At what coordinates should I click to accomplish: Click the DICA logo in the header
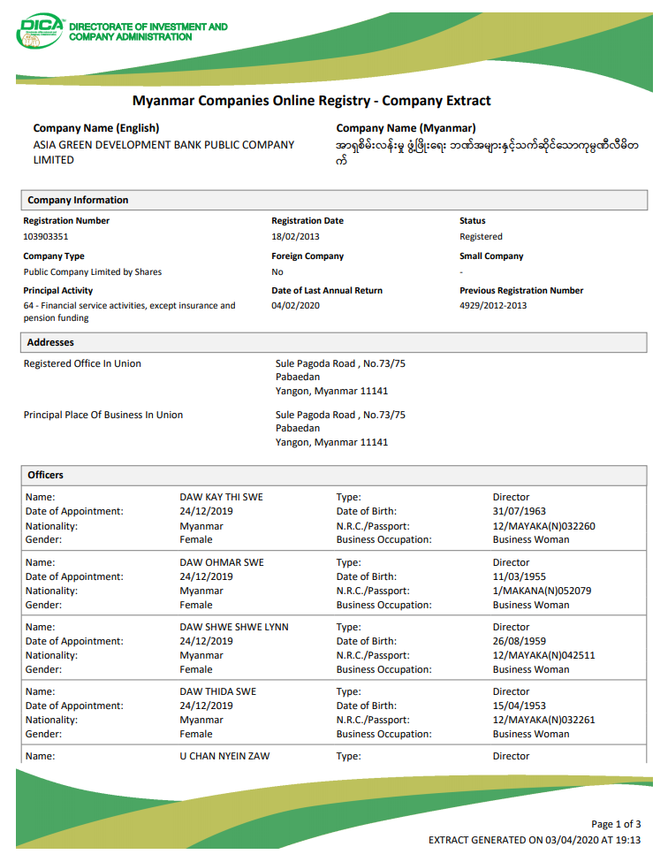pyautogui.click(x=41, y=32)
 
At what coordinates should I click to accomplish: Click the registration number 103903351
pyautogui.click(x=46, y=237)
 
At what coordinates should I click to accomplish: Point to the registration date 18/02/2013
pyautogui.click(x=295, y=237)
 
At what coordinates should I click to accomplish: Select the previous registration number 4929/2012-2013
pyautogui.click(x=493, y=305)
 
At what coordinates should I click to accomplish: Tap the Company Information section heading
pyautogui.click(x=78, y=201)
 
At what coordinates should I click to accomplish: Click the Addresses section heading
pyautogui.click(x=50, y=342)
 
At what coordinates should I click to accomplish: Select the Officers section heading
pyautogui.click(x=45, y=475)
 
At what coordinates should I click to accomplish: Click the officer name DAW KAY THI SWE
pyautogui.click(x=221, y=497)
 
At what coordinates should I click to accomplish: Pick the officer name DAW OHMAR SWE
pyautogui.click(x=222, y=562)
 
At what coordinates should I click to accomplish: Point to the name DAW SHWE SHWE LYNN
pyautogui.click(x=234, y=627)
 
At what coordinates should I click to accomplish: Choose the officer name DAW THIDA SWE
pyautogui.click(x=217, y=691)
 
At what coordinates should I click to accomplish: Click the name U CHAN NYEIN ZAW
pyautogui.click(x=224, y=756)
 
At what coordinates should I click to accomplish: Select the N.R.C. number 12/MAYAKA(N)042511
pyautogui.click(x=543, y=655)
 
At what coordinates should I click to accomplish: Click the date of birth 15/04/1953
pyautogui.click(x=520, y=706)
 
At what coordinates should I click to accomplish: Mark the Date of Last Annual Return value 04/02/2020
pyautogui.click(x=295, y=305)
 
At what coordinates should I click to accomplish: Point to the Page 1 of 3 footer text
pyautogui.click(x=616, y=824)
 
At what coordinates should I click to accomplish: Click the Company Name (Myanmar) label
pyautogui.click(x=406, y=128)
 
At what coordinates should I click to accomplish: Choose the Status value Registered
pyautogui.click(x=481, y=237)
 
